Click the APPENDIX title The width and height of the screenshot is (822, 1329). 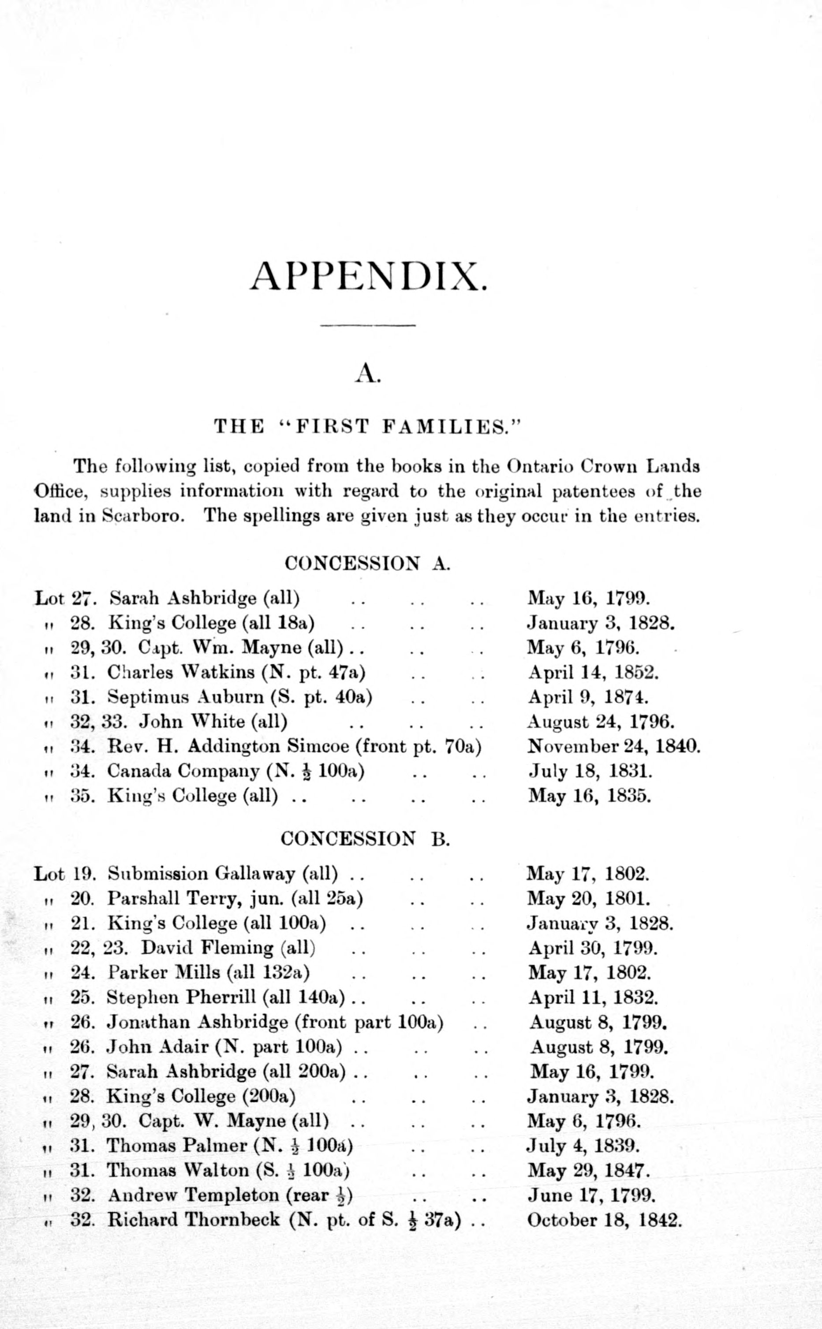point(368,278)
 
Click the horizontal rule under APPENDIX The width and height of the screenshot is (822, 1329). point(368,325)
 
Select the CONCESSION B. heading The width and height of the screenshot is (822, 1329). point(365,839)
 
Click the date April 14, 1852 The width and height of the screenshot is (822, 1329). point(593,673)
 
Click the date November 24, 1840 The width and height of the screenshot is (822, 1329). point(614,747)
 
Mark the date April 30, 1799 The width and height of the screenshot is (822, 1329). point(593,948)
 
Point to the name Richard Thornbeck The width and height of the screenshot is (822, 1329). point(194,1220)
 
